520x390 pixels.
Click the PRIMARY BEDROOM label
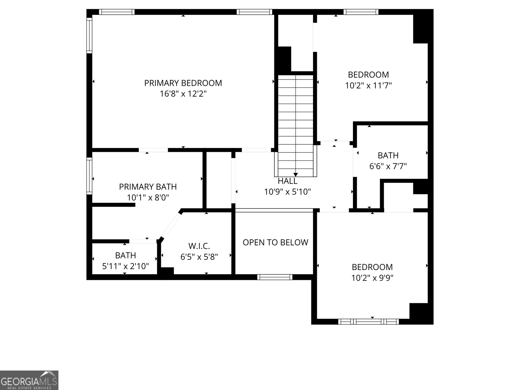pyautogui.click(x=183, y=83)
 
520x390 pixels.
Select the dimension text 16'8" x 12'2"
pyautogui.click(x=183, y=94)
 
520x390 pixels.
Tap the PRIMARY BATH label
pyautogui.click(x=148, y=187)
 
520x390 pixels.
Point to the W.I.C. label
pyautogui.click(x=199, y=246)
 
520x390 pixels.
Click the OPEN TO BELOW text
pyautogui.click(x=275, y=242)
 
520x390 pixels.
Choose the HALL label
pyautogui.click(x=287, y=181)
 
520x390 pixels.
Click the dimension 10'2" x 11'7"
pyautogui.click(x=368, y=86)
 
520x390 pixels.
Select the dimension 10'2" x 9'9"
pyautogui.click(x=372, y=278)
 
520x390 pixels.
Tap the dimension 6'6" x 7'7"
pyautogui.click(x=388, y=166)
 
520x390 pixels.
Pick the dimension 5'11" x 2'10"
pyautogui.click(x=125, y=266)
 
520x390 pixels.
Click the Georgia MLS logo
pyautogui.click(x=29, y=380)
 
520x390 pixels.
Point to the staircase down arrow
pyautogui.click(x=295, y=175)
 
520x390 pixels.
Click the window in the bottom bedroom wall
pyautogui.click(x=368, y=322)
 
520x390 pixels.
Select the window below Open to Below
pyautogui.click(x=275, y=277)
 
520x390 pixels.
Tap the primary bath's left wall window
pyautogui.click(x=89, y=176)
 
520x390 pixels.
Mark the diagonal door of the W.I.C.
pyautogui.click(x=171, y=225)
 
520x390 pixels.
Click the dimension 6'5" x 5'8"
pyautogui.click(x=199, y=257)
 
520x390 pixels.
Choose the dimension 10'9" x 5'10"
pyautogui.click(x=287, y=192)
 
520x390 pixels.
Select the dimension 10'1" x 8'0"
pyautogui.click(x=148, y=198)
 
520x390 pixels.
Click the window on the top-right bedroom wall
pyautogui.click(x=361, y=12)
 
